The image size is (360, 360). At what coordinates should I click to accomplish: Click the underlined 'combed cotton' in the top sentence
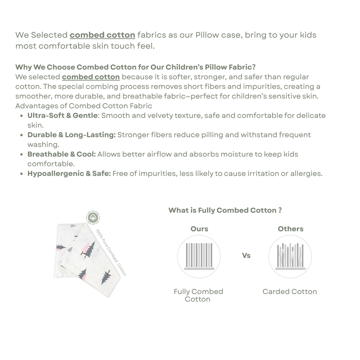coord(102,35)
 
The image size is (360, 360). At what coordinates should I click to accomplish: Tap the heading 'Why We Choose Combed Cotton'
coord(135,67)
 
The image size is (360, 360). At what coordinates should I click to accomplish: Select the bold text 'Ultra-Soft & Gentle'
coord(62,116)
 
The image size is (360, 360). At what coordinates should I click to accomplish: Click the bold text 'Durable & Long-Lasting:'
coord(71,135)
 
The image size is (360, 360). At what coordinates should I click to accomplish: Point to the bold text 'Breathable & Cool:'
coord(62,154)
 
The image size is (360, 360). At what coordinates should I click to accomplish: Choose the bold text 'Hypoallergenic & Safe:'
coord(69,173)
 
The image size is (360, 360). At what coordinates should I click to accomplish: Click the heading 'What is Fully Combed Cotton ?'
coord(225,210)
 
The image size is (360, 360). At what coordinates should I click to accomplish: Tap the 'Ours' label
coord(199,229)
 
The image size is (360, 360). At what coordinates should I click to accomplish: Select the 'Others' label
coord(290,229)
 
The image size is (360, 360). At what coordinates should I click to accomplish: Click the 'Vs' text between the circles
coord(246,256)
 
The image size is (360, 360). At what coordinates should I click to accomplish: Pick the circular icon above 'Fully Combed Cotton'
coord(199,257)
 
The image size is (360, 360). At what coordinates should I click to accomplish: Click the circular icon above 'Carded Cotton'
coord(290,257)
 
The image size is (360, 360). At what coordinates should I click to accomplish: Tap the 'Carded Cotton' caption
coord(290,291)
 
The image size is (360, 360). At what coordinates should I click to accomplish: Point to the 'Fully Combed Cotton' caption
coord(198,295)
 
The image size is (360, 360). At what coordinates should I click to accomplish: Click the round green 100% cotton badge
coord(93,218)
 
